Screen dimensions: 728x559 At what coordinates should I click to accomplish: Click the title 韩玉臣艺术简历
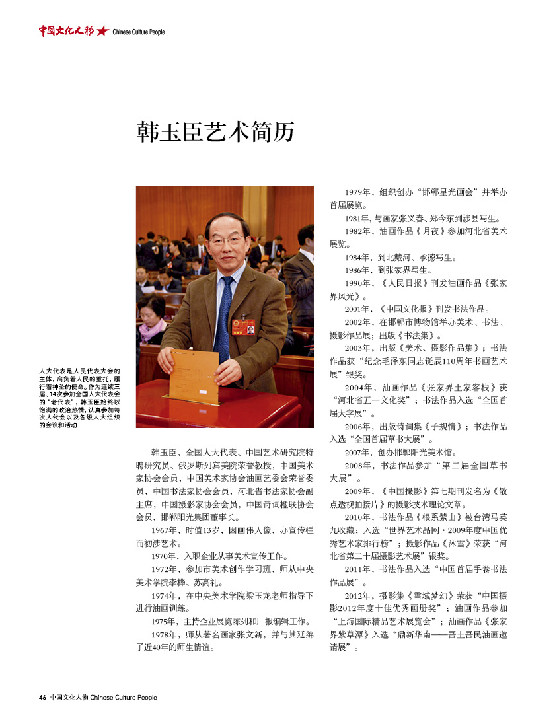tap(215, 131)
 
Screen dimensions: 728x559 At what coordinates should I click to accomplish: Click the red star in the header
tap(102, 31)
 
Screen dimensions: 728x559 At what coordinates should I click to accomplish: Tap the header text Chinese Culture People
tap(138, 32)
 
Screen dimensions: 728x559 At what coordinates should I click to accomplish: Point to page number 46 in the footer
tap(42, 697)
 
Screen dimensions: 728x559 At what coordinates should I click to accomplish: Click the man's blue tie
tap(224, 310)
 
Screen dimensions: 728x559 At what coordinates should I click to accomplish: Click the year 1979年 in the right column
tap(359, 192)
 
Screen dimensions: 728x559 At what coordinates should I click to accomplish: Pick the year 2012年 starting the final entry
tap(359, 595)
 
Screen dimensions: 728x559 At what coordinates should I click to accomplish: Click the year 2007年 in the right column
tap(359, 453)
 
